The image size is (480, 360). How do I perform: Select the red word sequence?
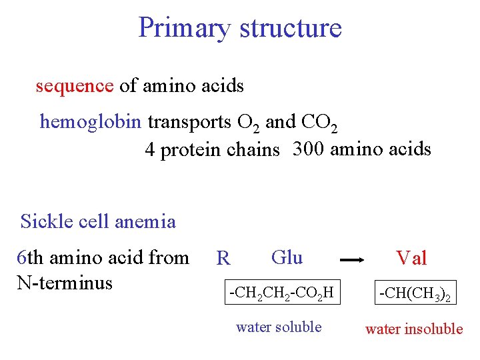(x=75, y=86)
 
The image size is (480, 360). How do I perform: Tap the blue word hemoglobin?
(x=91, y=122)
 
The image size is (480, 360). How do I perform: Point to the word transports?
(x=189, y=123)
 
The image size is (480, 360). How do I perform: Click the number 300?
(x=309, y=149)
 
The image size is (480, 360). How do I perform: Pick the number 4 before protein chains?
(x=150, y=150)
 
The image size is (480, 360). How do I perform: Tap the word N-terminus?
(x=65, y=283)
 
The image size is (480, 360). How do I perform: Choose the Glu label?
(x=287, y=257)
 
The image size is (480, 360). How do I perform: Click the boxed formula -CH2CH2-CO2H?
(x=281, y=292)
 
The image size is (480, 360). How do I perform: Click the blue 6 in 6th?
(x=21, y=257)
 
